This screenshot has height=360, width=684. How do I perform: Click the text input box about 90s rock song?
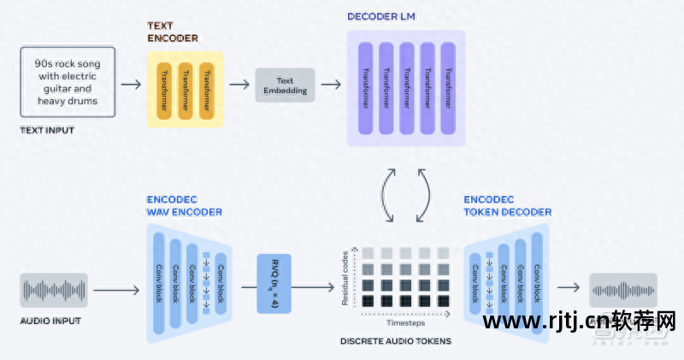coord(65,82)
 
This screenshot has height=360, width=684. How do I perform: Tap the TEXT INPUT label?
coord(46,130)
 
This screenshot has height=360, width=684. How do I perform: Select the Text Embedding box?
coord(285,85)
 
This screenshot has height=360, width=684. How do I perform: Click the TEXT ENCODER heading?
coord(172,32)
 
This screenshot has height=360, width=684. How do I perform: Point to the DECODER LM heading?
coord(383,17)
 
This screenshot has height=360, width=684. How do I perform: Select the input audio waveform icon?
coord(53,290)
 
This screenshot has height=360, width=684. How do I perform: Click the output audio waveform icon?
coord(623,291)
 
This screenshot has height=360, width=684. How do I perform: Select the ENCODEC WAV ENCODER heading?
coord(184,206)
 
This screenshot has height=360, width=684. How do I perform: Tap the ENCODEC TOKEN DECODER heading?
coord(507,206)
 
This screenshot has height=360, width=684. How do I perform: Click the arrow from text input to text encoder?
coord(130,85)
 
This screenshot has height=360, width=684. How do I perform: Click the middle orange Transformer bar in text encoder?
coord(182,89)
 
